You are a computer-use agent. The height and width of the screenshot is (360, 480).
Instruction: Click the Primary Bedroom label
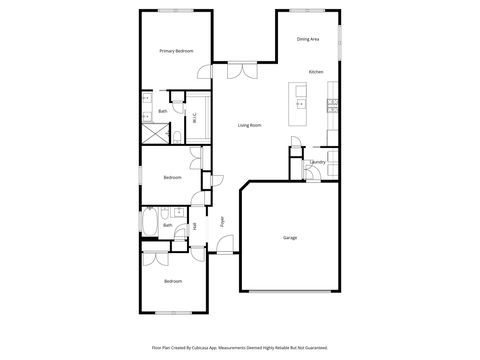pyautogui.click(x=176, y=50)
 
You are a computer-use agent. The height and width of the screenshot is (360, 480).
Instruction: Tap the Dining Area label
pyautogui.click(x=308, y=39)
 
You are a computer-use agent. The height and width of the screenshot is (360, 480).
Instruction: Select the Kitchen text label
pyautogui.click(x=316, y=72)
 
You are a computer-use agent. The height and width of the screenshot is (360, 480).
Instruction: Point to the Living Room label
pyautogui.click(x=249, y=125)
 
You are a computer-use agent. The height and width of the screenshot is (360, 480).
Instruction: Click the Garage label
pyautogui.click(x=290, y=237)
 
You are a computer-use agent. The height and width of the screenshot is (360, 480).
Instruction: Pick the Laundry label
pyautogui.click(x=318, y=161)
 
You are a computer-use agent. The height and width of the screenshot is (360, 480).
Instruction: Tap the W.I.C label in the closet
pyautogui.click(x=194, y=116)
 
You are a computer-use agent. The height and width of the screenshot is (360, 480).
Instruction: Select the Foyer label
pyautogui.click(x=222, y=221)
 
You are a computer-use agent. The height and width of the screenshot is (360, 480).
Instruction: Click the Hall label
pyautogui.click(x=194, y=226)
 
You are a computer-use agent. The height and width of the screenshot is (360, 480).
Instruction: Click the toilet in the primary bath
pyautogui.click(x=174, y=135)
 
